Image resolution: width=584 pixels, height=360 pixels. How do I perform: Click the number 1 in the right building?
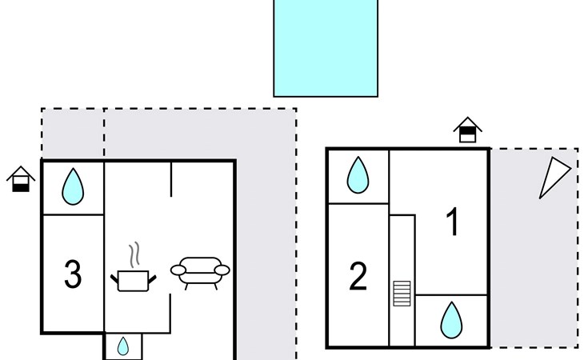coord(452,222)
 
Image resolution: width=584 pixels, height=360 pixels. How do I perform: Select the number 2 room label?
coord(358,276)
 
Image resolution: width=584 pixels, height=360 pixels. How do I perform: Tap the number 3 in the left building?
coord(73,274)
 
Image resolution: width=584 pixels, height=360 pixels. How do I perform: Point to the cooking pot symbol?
coord(133,280)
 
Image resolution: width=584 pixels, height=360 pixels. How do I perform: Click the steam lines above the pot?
coord(135,254)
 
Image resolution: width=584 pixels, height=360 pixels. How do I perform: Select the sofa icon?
coord(200,271)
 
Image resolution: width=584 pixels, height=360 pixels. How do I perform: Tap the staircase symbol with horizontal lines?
coord(402,293)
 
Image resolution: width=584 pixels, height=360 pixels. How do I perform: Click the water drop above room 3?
coord(73,186)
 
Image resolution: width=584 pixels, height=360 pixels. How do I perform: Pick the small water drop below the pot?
coord(123,347)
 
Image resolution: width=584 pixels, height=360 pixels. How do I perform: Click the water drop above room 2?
coord(358,174)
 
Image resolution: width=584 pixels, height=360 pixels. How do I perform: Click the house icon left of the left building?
coord(21,178)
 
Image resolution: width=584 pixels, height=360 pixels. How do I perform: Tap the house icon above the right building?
coord(468,129)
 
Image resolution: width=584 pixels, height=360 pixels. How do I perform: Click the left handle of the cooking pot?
coord(114,278)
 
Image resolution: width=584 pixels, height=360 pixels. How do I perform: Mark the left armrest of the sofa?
coord(177,269)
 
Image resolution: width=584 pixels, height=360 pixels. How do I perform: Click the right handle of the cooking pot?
coord(152,278)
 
